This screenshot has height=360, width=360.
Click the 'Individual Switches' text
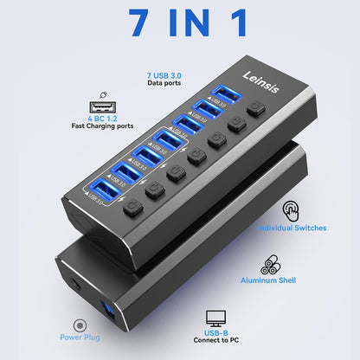click(x=292, y=228)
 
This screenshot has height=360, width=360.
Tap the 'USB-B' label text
click(x=217, y=333)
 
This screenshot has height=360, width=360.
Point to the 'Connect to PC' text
click(x=217, y=343)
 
